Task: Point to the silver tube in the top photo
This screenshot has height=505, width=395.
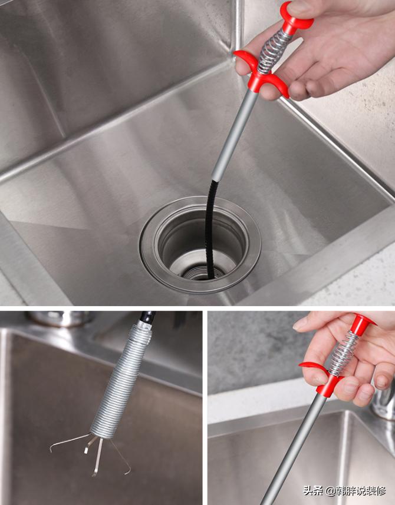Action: (235, 135)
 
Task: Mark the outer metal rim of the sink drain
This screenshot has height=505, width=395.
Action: (200, 245)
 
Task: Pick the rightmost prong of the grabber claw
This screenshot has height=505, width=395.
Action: (121, 457)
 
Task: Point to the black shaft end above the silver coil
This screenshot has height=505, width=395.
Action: (147, 317)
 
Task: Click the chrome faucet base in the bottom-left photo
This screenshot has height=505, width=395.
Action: (60, 318)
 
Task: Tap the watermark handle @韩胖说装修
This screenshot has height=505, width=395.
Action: (355, 491)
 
